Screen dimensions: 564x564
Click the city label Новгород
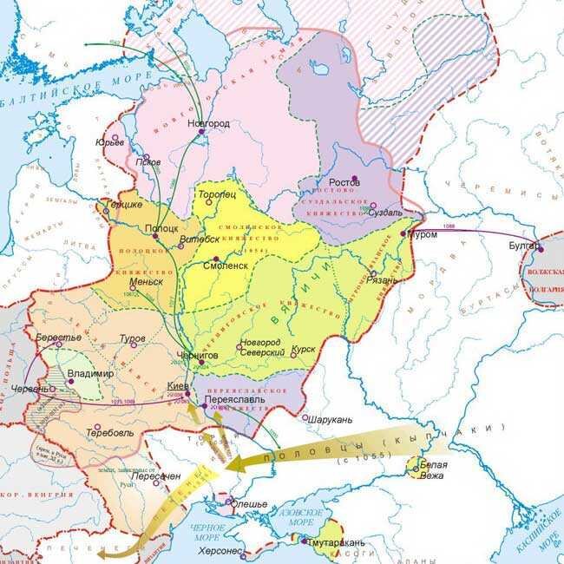(x=208, y=124)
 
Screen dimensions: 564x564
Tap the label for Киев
(x=176, y=384)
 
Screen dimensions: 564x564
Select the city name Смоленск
(x=226, y=268)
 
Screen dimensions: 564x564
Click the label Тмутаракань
(x=336, y=543)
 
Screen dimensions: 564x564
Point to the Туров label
(x=133, y=337)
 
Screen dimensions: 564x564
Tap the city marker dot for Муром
(x=403, y=234)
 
